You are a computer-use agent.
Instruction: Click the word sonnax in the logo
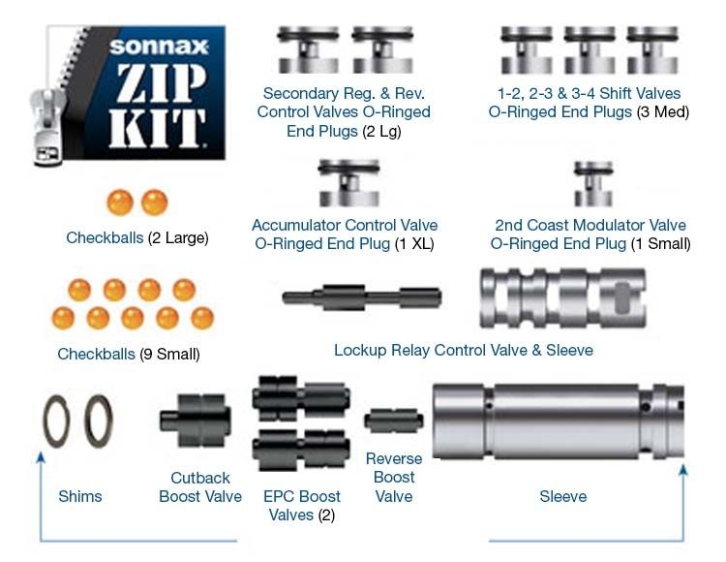[x=159, y=47]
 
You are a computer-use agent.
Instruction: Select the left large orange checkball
[x=120, y=203]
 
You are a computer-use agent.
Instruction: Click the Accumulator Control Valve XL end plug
[x=349, y=183]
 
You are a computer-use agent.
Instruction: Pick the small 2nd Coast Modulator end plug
[x=593, y=184]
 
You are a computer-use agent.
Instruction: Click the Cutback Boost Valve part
[x=196, y=421]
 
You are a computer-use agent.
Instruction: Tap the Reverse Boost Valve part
[x=394, y=421]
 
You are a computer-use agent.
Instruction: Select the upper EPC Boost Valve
[x=301, y=398]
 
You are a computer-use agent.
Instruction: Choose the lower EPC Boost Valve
[x=301, y=450]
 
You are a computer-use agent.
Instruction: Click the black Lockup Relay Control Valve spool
[x=362, y=297]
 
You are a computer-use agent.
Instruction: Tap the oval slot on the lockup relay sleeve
[x=621, y=298]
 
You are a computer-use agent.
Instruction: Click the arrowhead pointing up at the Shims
[x=41, y=457]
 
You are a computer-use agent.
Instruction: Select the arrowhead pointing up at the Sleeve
[x=683, y=471]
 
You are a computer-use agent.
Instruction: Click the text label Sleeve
[x=563, y=497]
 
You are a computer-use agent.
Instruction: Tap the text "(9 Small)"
[x=169, y=355]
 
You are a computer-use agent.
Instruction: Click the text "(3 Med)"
[x=662, y=112]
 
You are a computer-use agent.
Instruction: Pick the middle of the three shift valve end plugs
[x=590, y=50]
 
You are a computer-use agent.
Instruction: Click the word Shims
[x=80, y=497]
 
